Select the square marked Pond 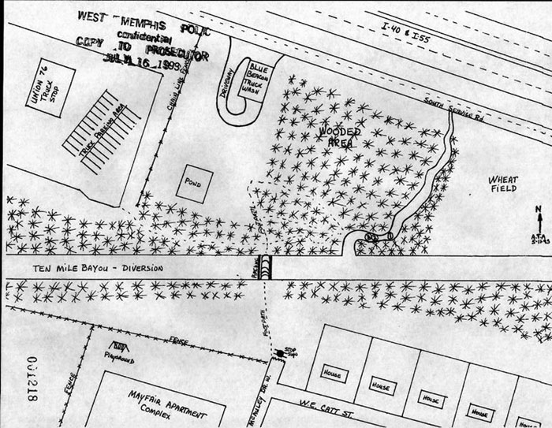point(193,184)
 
